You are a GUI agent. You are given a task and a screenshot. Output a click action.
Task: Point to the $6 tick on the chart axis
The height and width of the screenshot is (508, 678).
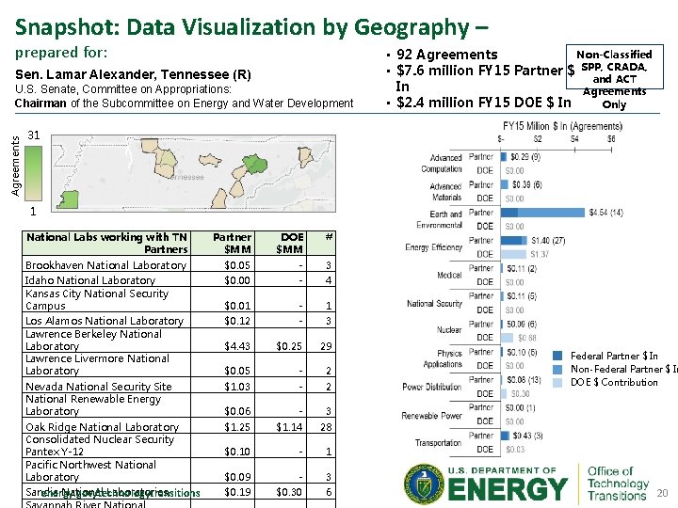[610, 138]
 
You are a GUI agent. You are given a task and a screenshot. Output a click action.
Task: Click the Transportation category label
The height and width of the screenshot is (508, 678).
[438, 442]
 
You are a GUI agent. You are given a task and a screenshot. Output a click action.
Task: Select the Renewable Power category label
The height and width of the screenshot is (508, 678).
[432, 415]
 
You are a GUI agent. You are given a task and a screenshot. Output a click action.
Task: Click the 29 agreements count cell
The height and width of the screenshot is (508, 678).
[327, 346]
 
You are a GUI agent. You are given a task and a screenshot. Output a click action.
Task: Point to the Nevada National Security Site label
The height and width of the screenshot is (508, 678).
[98, 387]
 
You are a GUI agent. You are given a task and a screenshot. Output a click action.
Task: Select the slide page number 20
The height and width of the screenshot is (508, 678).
[661, 493]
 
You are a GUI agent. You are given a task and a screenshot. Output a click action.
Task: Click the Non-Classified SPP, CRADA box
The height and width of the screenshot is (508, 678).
[613, 79]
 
